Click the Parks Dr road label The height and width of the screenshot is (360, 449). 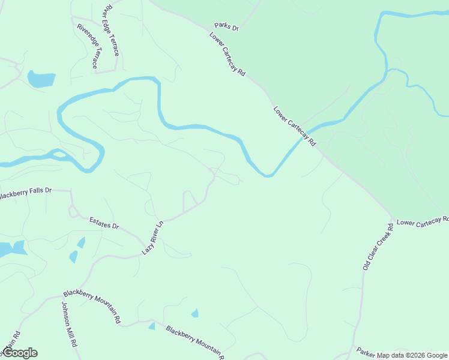point(227,28)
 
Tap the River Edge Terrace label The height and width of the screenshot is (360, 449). point(111,31)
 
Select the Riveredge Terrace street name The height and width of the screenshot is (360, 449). point(88,45)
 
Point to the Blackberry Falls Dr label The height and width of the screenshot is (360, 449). point(25,193)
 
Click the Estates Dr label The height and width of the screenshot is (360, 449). point(104,224)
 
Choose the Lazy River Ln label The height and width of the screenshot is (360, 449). point(152,238)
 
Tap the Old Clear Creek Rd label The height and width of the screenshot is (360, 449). point(378,247)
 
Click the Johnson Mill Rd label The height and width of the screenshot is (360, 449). point(67,325)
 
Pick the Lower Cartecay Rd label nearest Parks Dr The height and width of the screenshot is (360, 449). point(228,53)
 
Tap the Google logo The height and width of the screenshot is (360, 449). point(20,353)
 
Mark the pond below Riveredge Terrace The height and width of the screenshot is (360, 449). point(41,79)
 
